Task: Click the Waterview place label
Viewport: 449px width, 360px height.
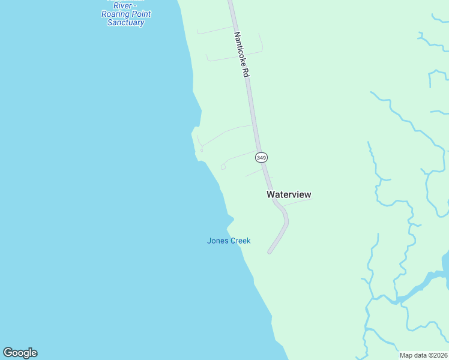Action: tap(289, 194)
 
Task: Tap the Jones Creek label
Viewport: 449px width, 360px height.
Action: tap(229, 241)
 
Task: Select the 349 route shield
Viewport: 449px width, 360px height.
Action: tap(261, 157)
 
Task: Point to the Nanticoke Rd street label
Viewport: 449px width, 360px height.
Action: tap(241, 55)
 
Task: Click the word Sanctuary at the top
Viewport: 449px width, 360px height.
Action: tap(125, 23)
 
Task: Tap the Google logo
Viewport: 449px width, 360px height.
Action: tap(20, 353)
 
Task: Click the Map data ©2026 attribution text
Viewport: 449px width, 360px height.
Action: tap(423, 355)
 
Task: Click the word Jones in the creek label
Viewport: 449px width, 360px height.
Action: tap(217, 241)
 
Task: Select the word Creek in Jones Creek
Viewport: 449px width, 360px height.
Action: tap(240, 241)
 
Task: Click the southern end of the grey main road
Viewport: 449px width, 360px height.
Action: tap(270, 251)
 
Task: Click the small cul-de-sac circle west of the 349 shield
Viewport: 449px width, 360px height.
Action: tap(223, 167)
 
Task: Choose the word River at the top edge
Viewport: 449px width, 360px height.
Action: tap(122, 5)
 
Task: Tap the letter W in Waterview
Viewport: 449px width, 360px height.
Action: tap(271, 194)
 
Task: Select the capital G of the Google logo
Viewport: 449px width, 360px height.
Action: tap(8, 353)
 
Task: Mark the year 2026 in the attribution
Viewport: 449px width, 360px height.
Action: tap(439, 355)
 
